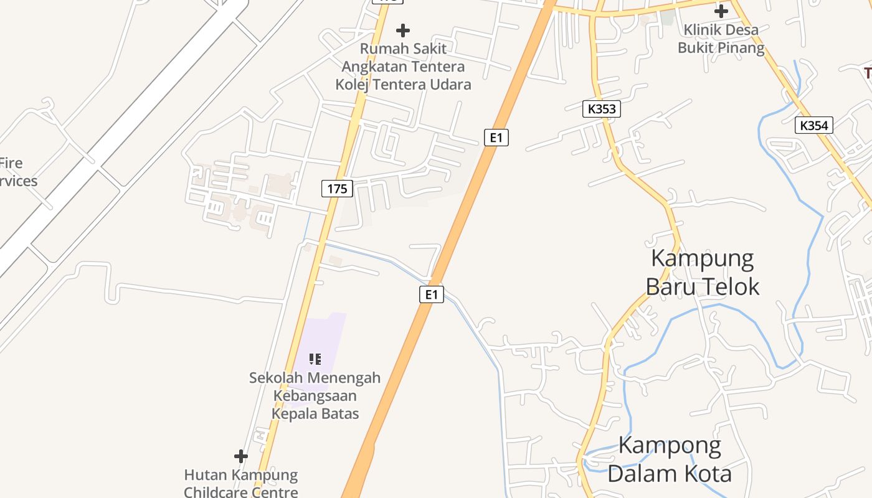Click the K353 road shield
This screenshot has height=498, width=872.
tap(602, 109)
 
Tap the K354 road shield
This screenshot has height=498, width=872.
tap(814, 125)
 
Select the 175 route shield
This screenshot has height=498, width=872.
tap(337, 188)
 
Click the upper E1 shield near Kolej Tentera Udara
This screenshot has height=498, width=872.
tap(496, 137)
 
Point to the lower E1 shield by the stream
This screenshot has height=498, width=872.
tap(432, 294)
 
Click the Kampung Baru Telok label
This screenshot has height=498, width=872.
tap(703, 272)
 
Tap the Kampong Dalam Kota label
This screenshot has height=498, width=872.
tap(670, 459)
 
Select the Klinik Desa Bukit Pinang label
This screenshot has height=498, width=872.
tap(721, 39)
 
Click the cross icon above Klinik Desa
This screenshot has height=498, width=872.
tap(721, 11)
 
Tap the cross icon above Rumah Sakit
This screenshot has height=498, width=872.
tap(403, 30)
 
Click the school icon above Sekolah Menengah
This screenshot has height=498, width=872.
tap(316, 359)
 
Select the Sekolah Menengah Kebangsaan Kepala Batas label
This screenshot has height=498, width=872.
tap(315, 395)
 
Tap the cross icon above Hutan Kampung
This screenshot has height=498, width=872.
tap(241, 456)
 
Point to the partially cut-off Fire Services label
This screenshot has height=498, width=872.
tap(17, 172)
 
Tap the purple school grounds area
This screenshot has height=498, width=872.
tap(324, 336)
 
